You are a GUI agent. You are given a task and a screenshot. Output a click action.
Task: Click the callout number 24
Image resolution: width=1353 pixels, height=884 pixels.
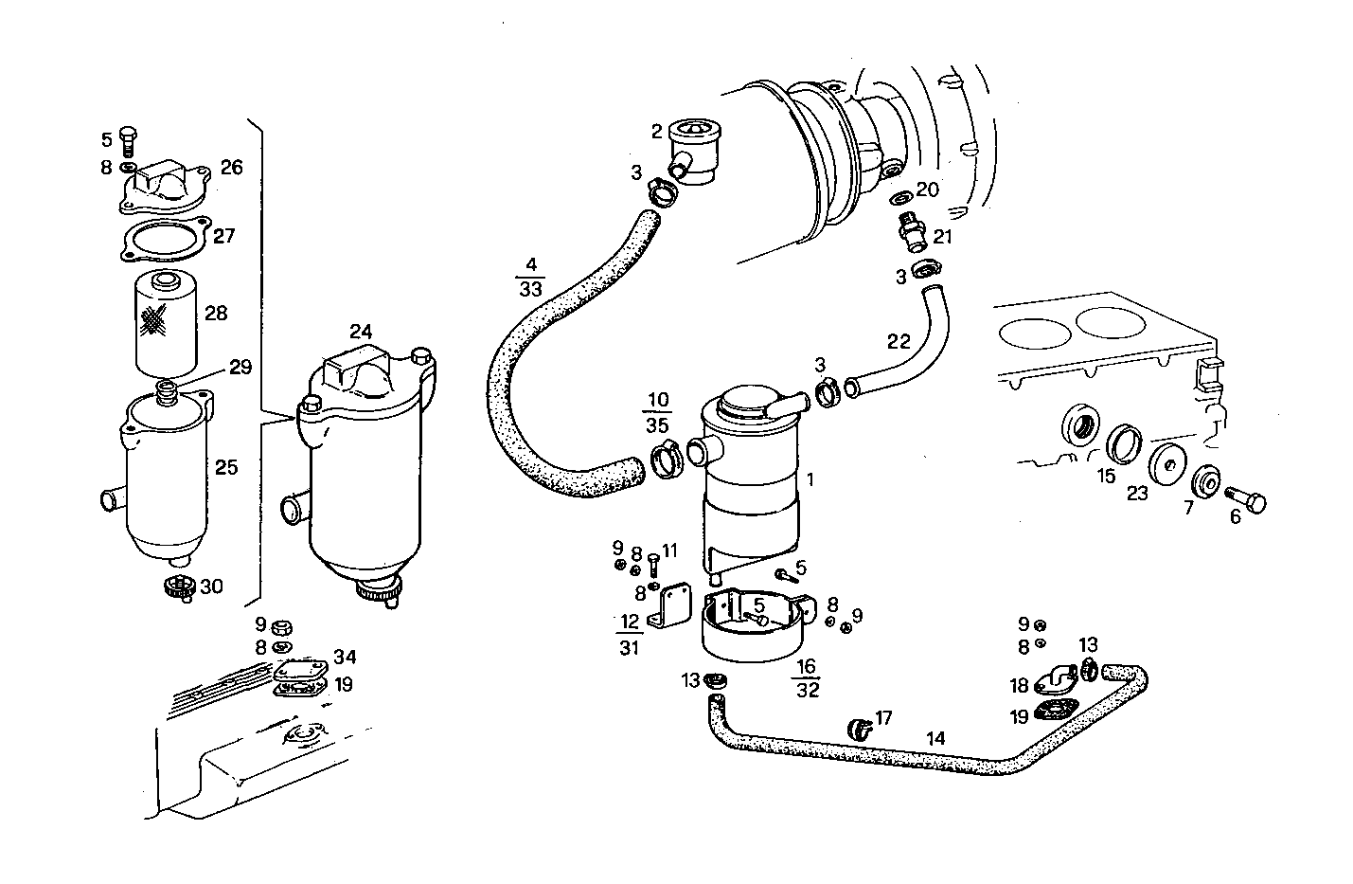[360, 333]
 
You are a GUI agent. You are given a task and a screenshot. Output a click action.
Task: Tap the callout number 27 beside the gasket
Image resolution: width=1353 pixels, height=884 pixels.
[223, 236]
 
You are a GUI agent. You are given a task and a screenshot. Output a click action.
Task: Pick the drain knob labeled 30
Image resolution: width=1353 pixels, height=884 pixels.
[179, 587]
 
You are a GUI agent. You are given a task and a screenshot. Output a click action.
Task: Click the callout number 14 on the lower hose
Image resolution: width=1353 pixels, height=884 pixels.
[935, 737]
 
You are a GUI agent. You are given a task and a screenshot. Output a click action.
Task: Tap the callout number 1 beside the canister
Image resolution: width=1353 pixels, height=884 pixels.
[810, 481]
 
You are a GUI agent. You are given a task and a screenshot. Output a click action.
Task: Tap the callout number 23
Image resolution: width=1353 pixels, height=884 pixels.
[1137, 493]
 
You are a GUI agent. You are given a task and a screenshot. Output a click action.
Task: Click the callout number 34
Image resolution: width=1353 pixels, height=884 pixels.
[345, 657]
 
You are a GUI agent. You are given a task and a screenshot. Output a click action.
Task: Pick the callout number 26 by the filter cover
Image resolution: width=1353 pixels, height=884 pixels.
[231, 168]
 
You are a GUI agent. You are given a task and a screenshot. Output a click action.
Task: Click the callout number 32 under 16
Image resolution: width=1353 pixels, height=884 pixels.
[807, 690]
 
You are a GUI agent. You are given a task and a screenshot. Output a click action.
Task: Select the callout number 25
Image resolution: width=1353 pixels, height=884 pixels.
[225, 467]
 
